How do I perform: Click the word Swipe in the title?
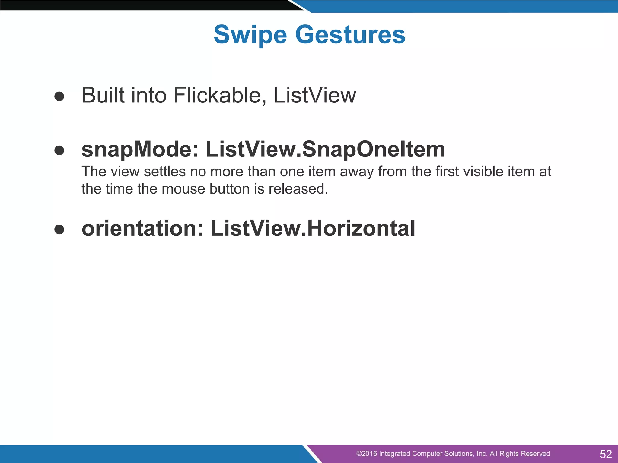[x=250, y=35]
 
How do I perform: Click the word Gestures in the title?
[x=350, y=35]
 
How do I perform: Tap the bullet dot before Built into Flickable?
[x=59, y=96]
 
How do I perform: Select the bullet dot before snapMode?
[x=59, y=150]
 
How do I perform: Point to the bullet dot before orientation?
[x=59, y=229]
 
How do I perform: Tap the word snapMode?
[x=140, y=150]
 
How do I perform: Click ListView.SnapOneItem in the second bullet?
[x=325, y=150]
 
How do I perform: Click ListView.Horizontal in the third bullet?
[x=313, y=228]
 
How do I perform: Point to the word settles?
[x=164, y=172]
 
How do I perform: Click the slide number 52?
[x=605, y=454]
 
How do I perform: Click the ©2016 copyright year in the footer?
[x=366, y=454]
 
